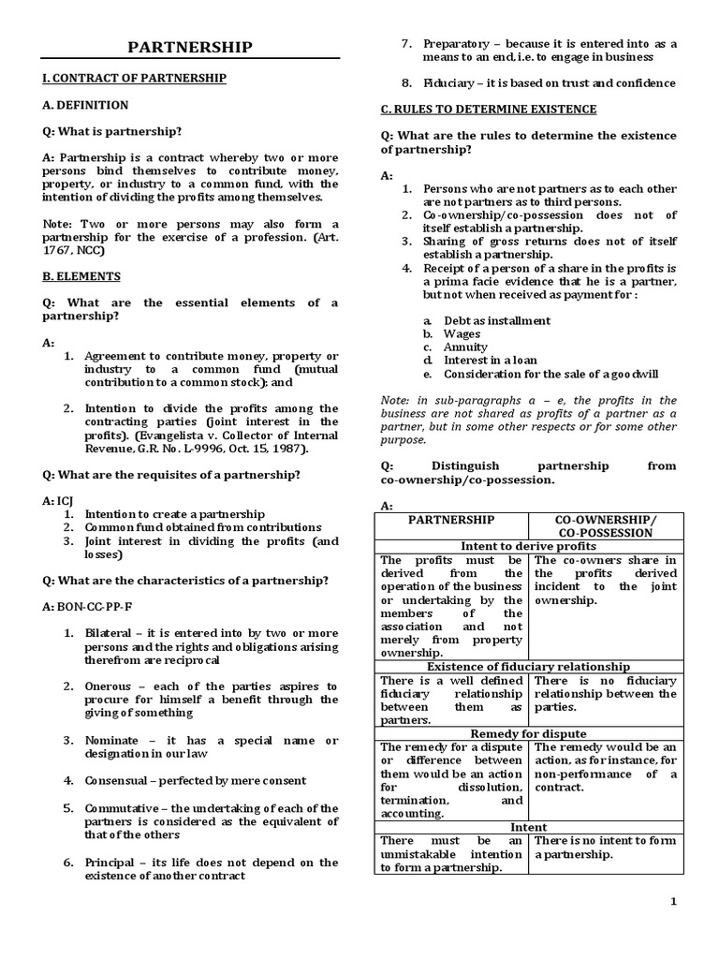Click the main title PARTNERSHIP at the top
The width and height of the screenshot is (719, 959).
[x=191, y=47]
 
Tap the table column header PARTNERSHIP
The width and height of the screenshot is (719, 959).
[x=452, y=520]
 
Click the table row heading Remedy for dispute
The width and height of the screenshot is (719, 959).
[x=529, y=733]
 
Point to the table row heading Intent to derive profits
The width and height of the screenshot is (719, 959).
[x=529, y=546]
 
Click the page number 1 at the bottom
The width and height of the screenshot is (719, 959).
[x=697, y=901]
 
